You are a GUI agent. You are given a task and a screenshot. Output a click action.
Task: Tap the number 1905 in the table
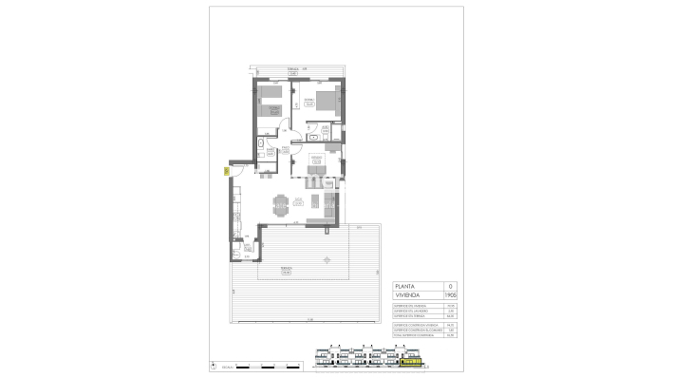tap(451, 296)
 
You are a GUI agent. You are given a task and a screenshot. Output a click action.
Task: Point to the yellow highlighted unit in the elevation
tap(411, 362)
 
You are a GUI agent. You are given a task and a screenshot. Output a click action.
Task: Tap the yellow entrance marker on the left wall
tap(226, 172)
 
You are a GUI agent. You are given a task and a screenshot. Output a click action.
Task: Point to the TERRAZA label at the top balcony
tap(293, 70)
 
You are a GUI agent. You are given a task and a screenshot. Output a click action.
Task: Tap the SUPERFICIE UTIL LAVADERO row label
tap(410, 310)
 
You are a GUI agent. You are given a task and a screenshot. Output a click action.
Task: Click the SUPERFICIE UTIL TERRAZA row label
tap(410, 315)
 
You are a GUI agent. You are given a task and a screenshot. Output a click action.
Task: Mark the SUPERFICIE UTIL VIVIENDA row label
tap(410, 305)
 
